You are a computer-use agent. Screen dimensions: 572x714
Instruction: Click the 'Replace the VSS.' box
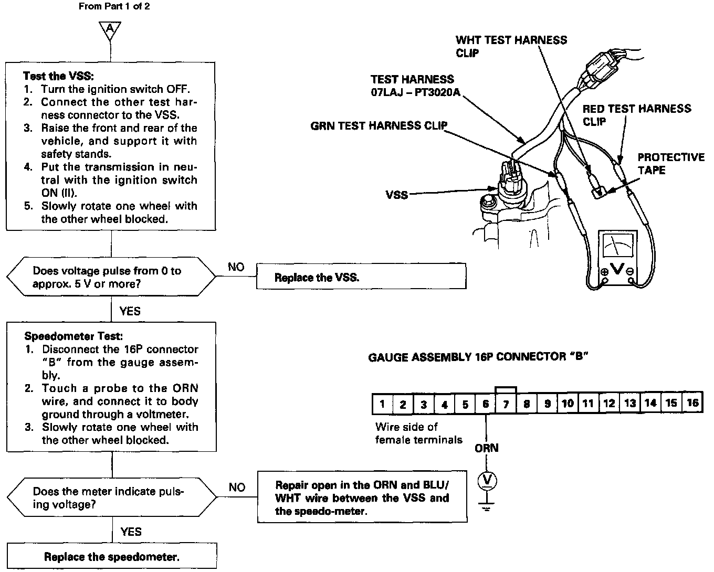[361, 277]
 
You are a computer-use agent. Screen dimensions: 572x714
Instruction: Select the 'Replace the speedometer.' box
[111, 557]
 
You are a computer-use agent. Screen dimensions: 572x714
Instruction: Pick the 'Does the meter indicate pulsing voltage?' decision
[112, 497]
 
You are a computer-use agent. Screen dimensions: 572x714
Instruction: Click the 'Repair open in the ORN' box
[362, 497]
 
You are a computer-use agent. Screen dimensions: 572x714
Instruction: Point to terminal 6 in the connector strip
[486, 404]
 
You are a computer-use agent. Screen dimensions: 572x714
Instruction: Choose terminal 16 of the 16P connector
[692, 403]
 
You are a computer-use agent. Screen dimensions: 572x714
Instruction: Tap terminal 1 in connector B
[382, 404]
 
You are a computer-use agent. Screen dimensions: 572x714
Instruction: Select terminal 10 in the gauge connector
[568, 404]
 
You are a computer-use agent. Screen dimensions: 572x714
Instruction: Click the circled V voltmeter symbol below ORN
[486, 481]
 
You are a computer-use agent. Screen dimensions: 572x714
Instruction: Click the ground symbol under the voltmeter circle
[486, 506]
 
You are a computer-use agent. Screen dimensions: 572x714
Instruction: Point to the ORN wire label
[486, 448]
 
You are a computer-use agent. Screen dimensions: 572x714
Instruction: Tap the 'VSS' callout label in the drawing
[396, 195]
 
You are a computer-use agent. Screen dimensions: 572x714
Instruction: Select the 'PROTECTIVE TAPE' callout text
[670, 164]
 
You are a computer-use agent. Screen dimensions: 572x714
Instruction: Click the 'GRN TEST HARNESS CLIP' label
[379, 126]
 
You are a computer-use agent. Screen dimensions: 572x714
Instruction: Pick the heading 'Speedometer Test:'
[73, 336]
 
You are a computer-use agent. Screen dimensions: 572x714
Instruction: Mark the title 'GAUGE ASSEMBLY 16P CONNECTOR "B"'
[478, 357]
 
